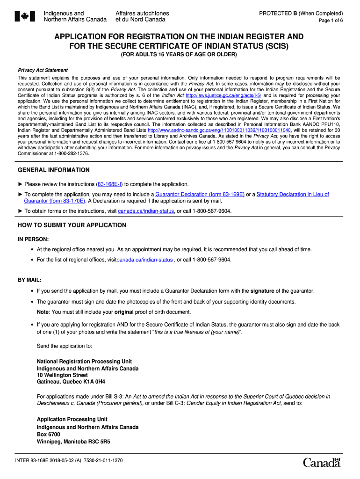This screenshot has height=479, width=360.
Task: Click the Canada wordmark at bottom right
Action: click(322, 463)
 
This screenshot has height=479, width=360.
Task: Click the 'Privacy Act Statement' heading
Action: click(43, 70)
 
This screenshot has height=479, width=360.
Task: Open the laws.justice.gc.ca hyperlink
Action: click(223, 95)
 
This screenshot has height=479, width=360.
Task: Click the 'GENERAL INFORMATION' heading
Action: click(53, 170)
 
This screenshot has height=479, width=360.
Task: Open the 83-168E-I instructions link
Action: click(109, 184)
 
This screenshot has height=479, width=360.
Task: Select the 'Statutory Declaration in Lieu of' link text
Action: click(293, 195)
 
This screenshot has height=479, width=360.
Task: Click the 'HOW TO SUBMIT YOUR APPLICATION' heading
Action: click(72, 225)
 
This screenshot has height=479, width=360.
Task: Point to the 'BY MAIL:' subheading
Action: click(29, 280)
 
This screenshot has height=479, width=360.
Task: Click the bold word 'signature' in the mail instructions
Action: click(262, 291)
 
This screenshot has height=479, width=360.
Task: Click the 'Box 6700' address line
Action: click(49, 434)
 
